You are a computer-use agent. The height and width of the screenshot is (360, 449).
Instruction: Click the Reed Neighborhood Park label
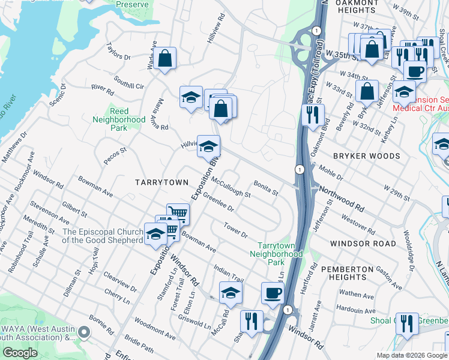pyautogui.click(x=119, y=120)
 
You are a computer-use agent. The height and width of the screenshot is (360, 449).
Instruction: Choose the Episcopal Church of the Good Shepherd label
pyautogui.click(x=103, y=236)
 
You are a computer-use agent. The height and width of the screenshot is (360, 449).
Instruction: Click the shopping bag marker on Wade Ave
pyautogui.click(x=165, y=59)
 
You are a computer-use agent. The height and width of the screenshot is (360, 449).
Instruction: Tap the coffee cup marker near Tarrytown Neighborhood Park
pyautogui.click(x=273, y=293)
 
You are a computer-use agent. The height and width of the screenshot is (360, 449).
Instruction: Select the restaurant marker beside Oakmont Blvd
pyautogui.click(x=313, y=115)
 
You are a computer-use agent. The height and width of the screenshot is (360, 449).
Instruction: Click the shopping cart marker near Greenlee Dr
pyautogui.click(x=178, y=213)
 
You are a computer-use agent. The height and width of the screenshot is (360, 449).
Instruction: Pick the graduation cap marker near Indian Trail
pyautogui.click(x=231, y=293)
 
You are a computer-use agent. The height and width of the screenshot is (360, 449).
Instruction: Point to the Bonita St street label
pyautogui.click(x=266, y=188)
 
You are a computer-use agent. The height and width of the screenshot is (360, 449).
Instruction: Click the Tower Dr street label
pyautogui.click(x=235, y=230)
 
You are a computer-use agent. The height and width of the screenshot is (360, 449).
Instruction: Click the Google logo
pyautogui.click(x=20, y=352)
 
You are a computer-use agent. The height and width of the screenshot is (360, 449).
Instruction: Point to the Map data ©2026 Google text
pyautogui.click(x=411, y=355)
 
